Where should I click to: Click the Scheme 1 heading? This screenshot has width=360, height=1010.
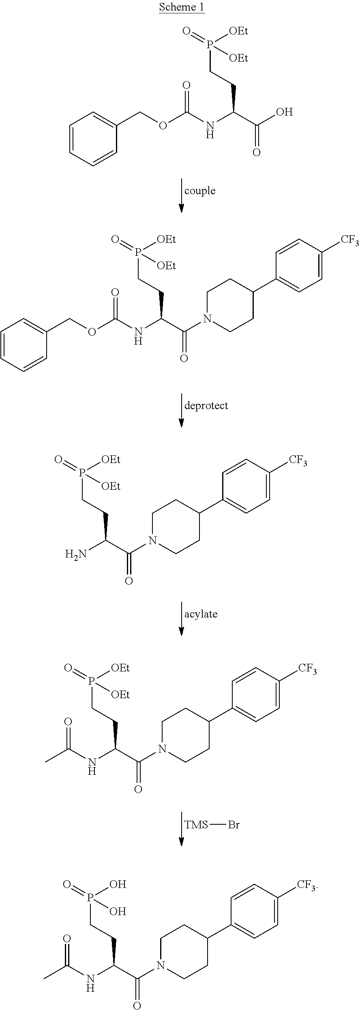[182, 7]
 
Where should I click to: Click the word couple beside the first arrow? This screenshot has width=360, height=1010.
[199, 191]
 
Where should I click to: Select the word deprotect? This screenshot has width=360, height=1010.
[206, 405]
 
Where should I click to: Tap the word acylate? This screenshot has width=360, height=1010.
[201, 614]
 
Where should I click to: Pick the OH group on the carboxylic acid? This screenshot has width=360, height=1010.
[284, 112]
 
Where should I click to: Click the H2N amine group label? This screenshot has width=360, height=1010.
[76, 554]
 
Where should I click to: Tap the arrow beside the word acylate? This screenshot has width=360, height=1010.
[181, 618]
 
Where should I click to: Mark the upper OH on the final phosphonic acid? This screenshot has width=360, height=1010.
[118, 884]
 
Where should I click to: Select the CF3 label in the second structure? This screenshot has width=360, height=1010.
[349, 241]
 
